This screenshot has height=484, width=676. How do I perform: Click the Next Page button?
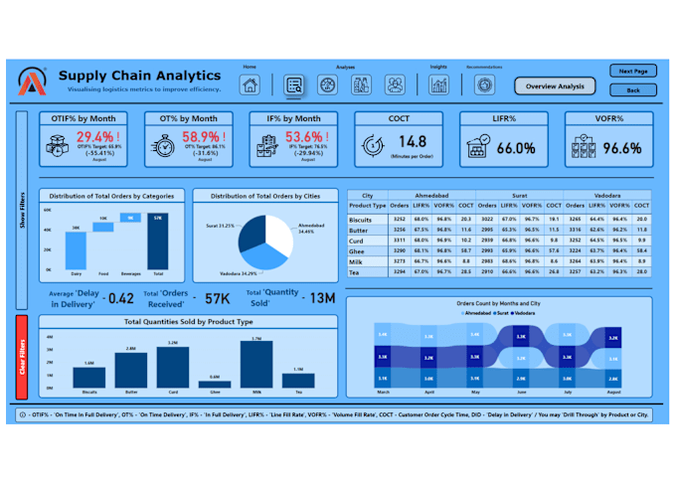coord(632,72)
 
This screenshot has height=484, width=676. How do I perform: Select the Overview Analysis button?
coord(555,86)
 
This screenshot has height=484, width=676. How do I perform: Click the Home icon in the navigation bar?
coord(250,85)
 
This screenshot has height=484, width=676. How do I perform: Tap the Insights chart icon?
coord(438,85)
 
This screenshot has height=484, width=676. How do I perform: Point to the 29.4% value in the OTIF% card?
coord(96,137)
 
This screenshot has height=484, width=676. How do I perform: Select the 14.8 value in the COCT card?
coord(412,142)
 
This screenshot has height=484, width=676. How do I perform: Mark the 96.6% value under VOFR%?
coord(621,148)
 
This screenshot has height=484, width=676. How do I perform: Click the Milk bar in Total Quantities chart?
coord(256,366)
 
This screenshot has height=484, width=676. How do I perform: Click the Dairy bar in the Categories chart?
coord(75,248)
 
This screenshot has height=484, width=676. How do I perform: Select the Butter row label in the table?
coord(359,230)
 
